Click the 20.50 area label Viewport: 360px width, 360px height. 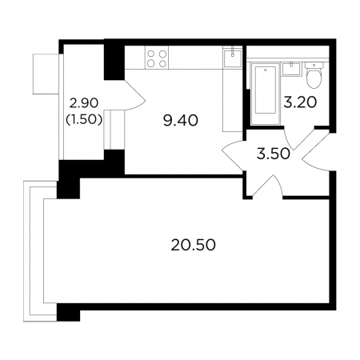click(x=193, y=246)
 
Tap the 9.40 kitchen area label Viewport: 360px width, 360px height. click(x=181, y=121)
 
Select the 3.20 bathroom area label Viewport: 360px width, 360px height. click(x=300, y=102)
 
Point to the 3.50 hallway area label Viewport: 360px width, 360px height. click(x=273, y=154)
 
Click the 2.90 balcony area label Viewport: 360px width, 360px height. click(x=84, y=103)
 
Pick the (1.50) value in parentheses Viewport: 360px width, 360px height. click(x=84, y=120)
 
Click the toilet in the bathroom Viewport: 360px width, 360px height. click(x=314, y=75)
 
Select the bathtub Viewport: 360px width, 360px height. click(x=265, y=94)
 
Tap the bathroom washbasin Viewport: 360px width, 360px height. click(x=291, y=69)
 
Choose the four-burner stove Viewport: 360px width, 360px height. click(x=157, y=58)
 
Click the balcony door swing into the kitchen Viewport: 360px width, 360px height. click(x=135, y=94)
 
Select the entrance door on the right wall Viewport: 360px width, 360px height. click(x=316, y=151)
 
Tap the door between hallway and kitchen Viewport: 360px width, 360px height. click(x=233, y=156)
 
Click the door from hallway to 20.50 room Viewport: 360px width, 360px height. click(x=266, y=186)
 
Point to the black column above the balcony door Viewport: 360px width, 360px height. click(x=114, y=62)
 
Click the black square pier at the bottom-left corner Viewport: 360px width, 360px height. click(x=68, y=313)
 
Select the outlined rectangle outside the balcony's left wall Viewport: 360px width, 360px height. click(x=46, y=74)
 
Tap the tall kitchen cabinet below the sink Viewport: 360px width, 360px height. click(x=233, y=100)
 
